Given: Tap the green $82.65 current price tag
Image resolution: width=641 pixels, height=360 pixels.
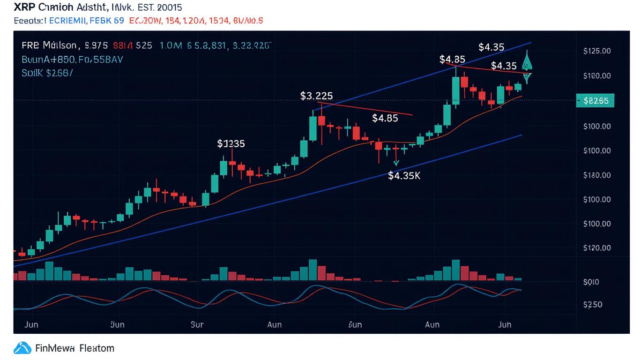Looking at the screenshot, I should tap(595, 100).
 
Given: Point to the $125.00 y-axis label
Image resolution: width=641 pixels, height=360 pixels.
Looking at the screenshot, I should tap(597, 51).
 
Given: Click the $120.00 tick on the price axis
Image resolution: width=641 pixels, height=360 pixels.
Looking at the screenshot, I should tap(597, 248).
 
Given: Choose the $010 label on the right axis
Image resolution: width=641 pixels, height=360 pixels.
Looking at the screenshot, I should tap(591, 282).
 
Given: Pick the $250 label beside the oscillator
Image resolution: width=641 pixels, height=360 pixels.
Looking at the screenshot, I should tap(592, 305).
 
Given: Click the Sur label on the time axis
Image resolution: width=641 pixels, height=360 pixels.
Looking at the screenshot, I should tap(197, 324).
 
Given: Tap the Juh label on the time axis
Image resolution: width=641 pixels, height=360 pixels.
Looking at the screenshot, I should tap(504, 324).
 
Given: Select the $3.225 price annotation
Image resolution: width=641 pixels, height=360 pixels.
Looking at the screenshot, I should tap(316, 96).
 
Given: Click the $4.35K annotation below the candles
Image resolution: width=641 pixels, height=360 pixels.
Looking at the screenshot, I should tap(404, 176).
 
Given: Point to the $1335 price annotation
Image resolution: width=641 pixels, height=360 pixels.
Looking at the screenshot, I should tap(231, 144).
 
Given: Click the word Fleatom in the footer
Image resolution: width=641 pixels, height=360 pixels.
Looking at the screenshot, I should tap(97, 348).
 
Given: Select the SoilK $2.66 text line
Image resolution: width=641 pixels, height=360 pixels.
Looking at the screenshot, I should tap(47, 73).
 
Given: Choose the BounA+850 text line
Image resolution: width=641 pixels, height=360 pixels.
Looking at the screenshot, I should tap(72, 60).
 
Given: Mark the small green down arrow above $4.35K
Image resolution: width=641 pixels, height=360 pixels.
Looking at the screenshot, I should tap(396, 163).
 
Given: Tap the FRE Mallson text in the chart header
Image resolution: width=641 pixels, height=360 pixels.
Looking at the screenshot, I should tap(49, 46).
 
